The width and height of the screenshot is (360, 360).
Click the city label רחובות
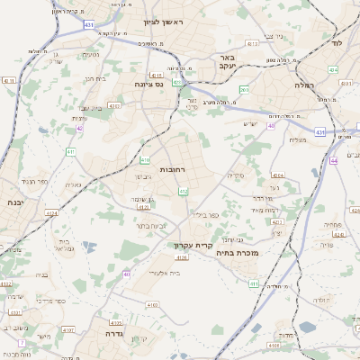coord(172,169)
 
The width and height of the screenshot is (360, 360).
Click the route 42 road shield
coord(79,129)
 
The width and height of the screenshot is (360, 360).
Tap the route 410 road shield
coord(144,161)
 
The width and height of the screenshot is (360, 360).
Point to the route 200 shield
coord(244,90)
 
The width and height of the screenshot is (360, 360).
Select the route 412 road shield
coord(184,191)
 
